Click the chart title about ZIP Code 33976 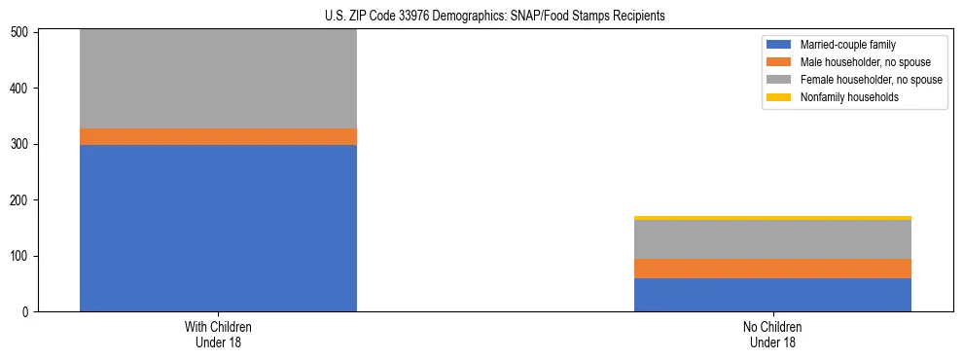tap(495, 17)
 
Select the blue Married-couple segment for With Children tap(218, 228)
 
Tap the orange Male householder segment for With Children tap(218, 136)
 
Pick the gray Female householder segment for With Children tap(218, 78)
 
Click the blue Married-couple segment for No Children tap(772, 295)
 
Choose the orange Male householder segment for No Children tap(772, 269)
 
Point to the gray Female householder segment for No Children tap(772, 239)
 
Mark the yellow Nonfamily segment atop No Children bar tap(772, 218)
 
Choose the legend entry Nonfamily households tap(842, 97)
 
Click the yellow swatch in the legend tap(779, 97)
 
